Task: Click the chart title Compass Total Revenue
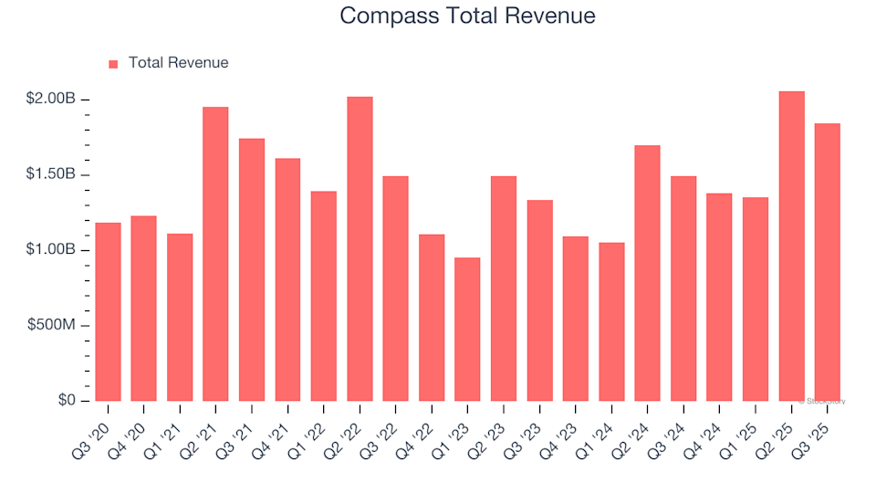pos(467,16)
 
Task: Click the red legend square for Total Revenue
pos(114,64)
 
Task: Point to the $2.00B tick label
pos(51,99)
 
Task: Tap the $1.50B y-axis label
pos(51,174)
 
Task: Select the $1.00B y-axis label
pos(51,250)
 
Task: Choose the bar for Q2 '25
pos(791,246)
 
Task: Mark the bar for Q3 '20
pos(108,311)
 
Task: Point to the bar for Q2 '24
pos(647,273)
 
